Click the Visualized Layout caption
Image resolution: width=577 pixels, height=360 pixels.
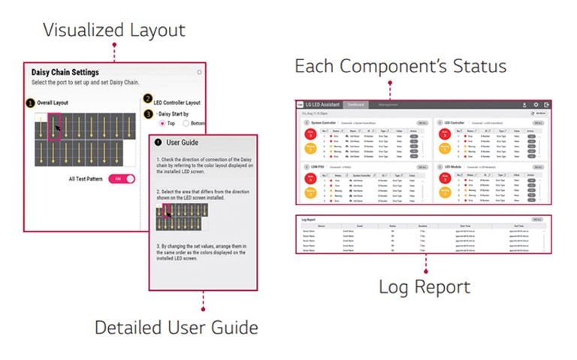click(x=113, y=30)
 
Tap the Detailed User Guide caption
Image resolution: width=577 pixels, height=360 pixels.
click(x=176, y=328)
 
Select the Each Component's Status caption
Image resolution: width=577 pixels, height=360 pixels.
click(x=400, y=66)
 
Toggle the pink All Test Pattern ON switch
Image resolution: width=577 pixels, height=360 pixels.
click(x=122, y=179)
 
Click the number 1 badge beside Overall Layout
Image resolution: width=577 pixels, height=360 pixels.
click(x=31, y=101)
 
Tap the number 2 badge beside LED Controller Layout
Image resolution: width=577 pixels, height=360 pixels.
click(x=147, y=98)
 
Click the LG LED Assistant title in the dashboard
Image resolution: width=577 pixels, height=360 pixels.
click(x=325, y=104)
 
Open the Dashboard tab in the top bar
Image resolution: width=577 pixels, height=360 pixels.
click(x=357, y=104)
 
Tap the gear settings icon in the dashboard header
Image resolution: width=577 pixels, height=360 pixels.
click(x=536, y=104)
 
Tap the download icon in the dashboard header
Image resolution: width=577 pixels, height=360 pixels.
click(x=523, y=104)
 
